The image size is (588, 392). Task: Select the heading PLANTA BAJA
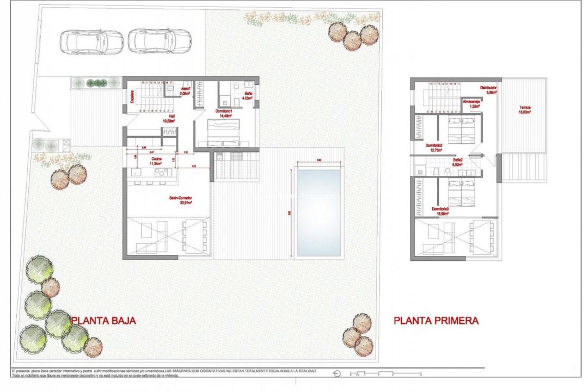click(103, 321)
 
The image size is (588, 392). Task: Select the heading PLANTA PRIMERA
click(436, 321)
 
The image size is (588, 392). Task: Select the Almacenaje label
click(470, 103)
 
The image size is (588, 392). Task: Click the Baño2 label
click(457, 161)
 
